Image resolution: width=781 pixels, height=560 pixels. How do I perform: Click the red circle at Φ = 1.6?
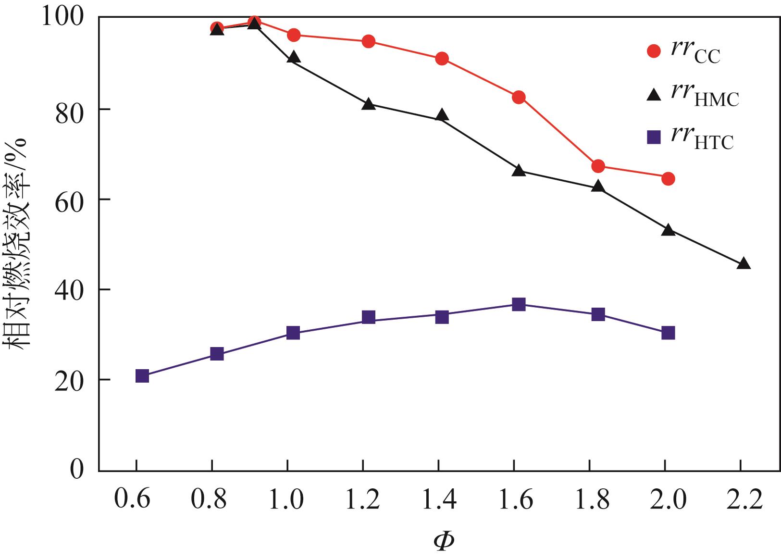click(x=519, y=97)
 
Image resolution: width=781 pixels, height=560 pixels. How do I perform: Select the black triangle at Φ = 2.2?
click(x=744, y=263)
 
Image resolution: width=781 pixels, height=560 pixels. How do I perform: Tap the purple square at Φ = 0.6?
click(x=142, y=376)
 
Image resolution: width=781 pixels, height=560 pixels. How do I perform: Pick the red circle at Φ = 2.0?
click(x=668, y=179)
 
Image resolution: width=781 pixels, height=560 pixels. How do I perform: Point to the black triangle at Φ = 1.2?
click(x=369, y=104)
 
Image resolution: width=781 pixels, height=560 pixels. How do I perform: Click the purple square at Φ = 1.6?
click(x=519, y=304)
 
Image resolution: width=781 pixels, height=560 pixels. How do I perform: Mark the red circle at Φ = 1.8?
click(x=598, y=166)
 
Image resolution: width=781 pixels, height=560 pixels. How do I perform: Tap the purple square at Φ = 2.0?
click(x=668, y=333)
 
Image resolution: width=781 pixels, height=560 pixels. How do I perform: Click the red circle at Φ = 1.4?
click(x=442, y=59)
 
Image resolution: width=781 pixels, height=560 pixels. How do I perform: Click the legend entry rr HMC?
click(x=692, y=95)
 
